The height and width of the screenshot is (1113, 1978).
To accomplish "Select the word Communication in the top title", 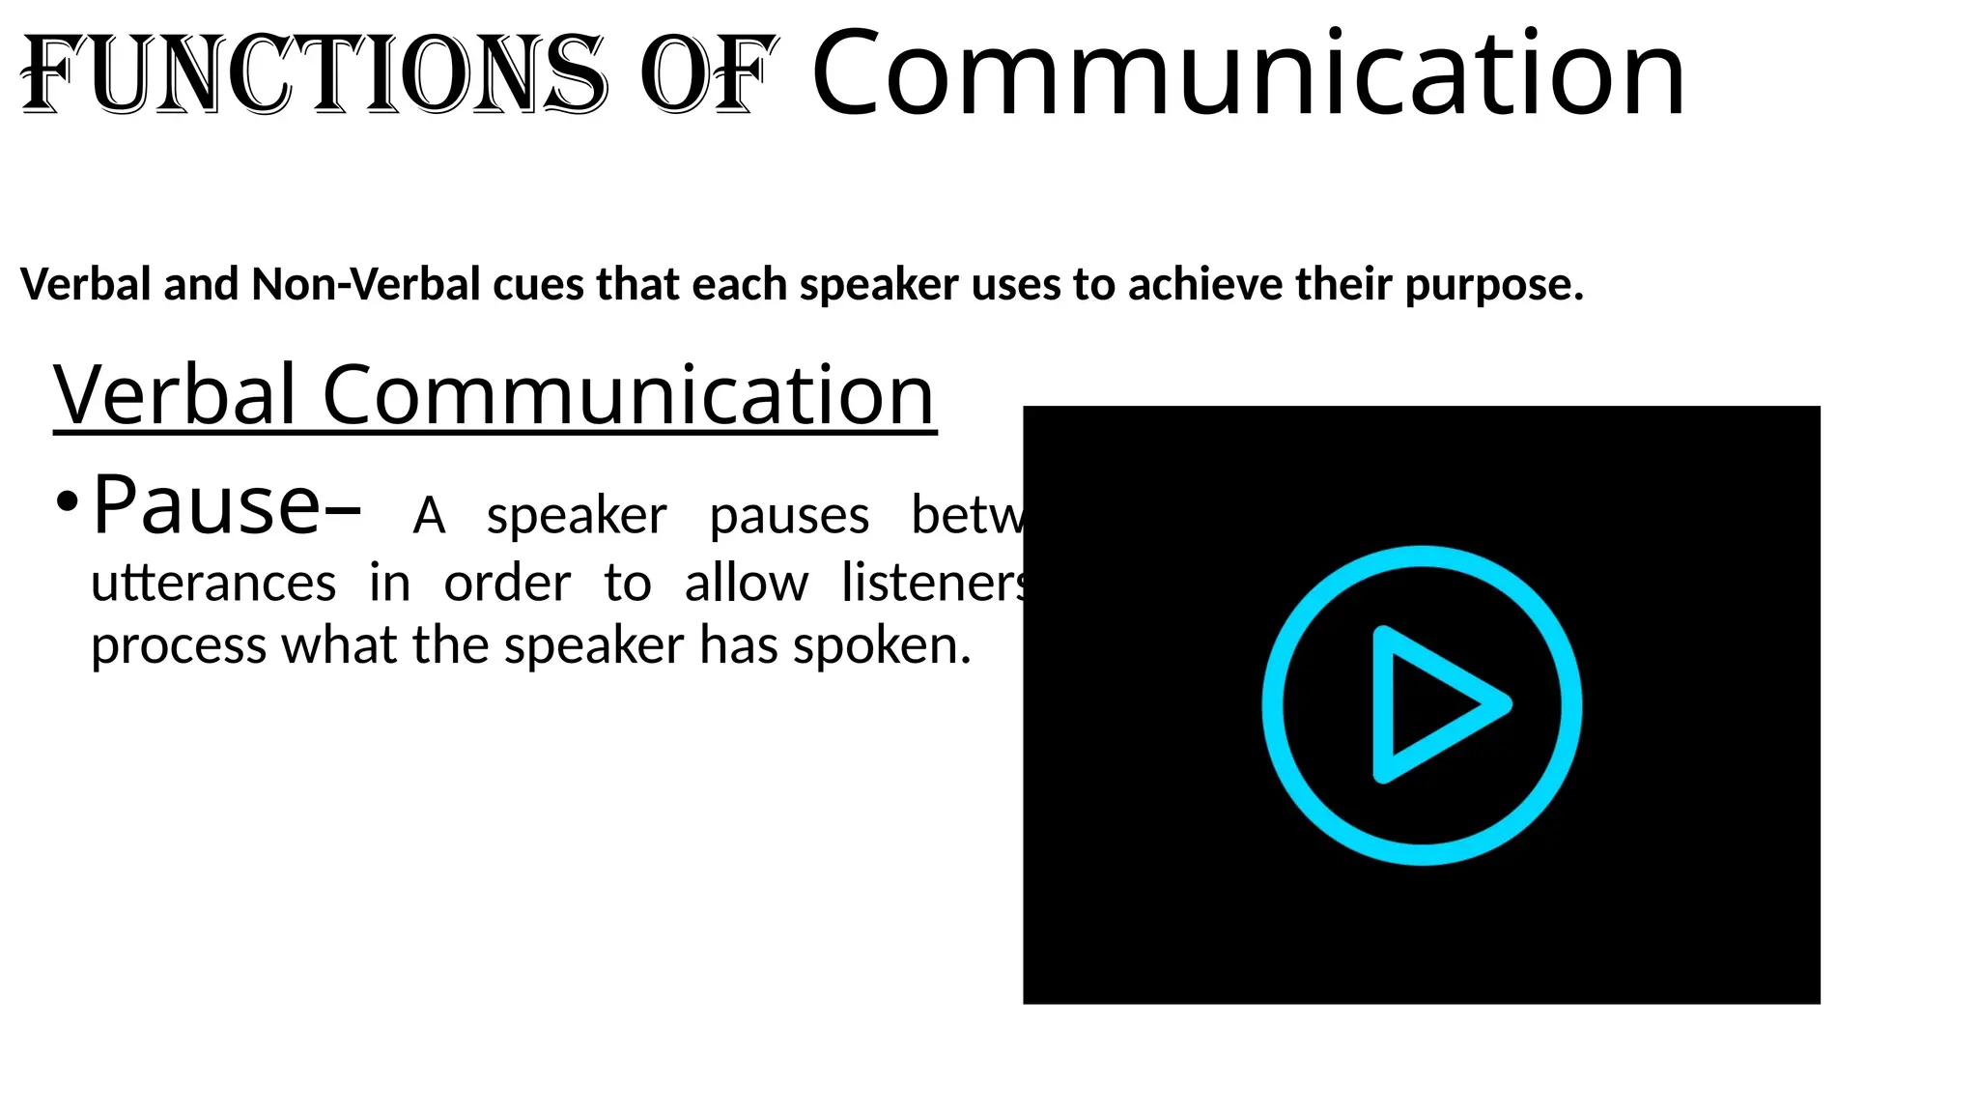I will (x=1248, y=74).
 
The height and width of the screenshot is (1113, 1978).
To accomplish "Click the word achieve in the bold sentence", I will (x=1205, y=284).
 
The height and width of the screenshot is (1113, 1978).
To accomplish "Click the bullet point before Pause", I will (x=66, y=503).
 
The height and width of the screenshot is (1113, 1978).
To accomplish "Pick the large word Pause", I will (x=206, y=504).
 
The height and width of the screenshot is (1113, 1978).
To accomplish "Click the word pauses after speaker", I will (x=789, y=516).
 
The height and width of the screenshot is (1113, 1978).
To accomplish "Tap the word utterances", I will (x=213, y=584).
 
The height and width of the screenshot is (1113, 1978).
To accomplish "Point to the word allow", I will (x=746, y=584).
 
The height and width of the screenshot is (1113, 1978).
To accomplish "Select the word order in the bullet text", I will (x=507, y=584).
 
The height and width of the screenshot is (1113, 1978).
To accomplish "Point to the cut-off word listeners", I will (x=933, y=584).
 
